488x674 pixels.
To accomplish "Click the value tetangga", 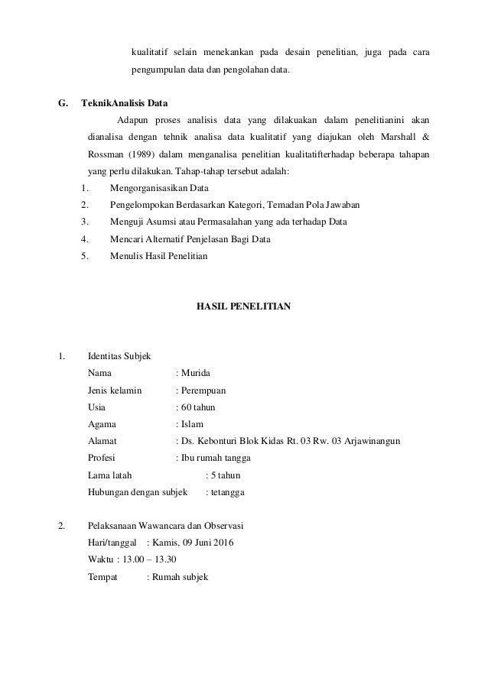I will (x=228, y=492).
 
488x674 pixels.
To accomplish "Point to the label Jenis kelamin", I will (x=115, y=390).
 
